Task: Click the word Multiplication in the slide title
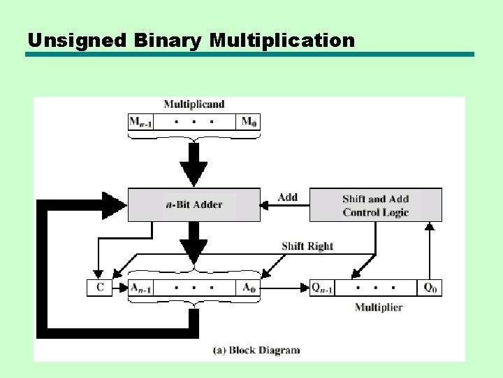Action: (x=282, y=41)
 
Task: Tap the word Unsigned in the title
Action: (x=77, y=41)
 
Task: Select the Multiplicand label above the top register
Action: (x=194, y=104)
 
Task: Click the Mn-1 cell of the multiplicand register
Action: (x=140, y=122)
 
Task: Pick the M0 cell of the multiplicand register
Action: (x=248, y=122)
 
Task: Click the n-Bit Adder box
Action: (x=194, y=204)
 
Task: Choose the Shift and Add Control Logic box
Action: (x=375, y=205)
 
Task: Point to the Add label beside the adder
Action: (x=287, y=197)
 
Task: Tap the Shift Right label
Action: (x=307, y=246)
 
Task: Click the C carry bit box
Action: (x=99, y=287)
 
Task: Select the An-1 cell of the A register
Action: (x=140, y=287)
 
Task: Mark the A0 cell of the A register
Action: (x=248, y=287)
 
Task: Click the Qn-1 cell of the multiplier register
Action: (x=322, y=287)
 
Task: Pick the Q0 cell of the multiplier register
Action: (x=430, y=287)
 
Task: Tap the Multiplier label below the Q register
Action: (x=378, y=307)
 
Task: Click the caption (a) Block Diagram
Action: (x=256, y=350)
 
